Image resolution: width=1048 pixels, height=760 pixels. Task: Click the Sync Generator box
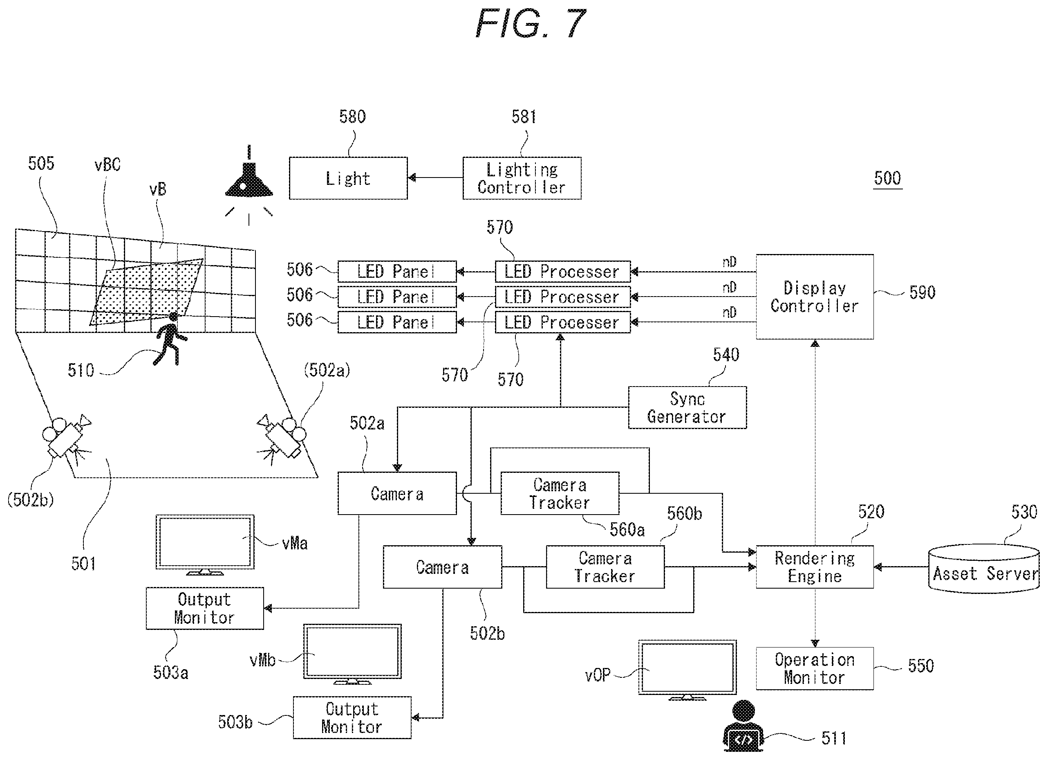(687, 407)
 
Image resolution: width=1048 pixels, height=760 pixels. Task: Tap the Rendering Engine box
(815, 567)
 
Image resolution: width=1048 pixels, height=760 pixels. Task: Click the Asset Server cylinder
(984, 568)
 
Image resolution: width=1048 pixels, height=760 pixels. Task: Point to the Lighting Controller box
(522, 178)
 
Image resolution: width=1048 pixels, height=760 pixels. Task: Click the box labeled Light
(348, 178)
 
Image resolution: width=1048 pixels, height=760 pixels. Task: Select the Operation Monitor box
(815, 668)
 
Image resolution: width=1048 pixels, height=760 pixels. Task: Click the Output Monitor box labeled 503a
(205, 608)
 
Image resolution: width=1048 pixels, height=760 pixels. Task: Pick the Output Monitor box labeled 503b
(352, 717)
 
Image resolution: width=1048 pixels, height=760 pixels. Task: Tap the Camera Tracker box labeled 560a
(560, 493)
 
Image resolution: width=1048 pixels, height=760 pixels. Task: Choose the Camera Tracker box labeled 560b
(605, 567)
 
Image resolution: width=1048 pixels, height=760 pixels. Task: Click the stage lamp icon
(249, 185)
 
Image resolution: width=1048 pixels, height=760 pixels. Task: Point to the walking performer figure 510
(170, 339)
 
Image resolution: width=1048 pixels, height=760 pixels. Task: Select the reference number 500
(888, 178)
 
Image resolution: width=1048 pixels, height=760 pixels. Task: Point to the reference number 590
(923, 292)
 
